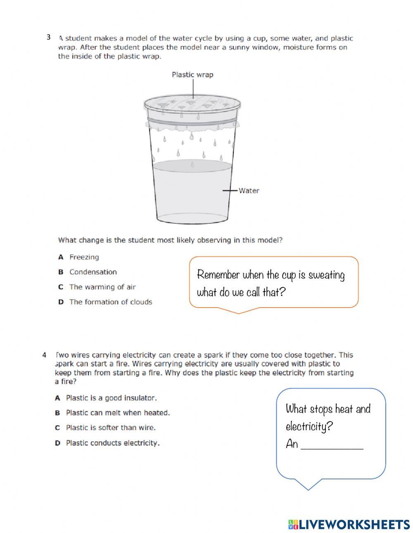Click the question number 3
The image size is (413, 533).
(x=48, y=38)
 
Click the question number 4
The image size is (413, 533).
(x=44, y=355)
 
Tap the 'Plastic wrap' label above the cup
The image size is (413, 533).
(x=192, y=75)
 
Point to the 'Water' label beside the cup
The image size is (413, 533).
(x=249, y=191)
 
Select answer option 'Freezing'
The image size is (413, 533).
(x=84, y=257)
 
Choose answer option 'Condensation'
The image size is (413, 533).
(x=93, y=272)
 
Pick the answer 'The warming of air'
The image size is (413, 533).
(x=102, y=287)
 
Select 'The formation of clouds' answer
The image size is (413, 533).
(x=110, y=302)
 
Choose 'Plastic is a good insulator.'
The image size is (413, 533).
(x=111, y=398)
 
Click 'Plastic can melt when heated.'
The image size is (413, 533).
(x=118, y=413)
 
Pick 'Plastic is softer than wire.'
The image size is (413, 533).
(x=111, y=428)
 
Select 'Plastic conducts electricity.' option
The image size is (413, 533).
(x=112, y=443)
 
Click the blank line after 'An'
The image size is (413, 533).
(x=332, y=446)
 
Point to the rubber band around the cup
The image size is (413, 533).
(x=192, y=120)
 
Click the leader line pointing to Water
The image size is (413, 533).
(x=230, y=191)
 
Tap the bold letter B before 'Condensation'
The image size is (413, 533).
(x=61, y=272)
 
